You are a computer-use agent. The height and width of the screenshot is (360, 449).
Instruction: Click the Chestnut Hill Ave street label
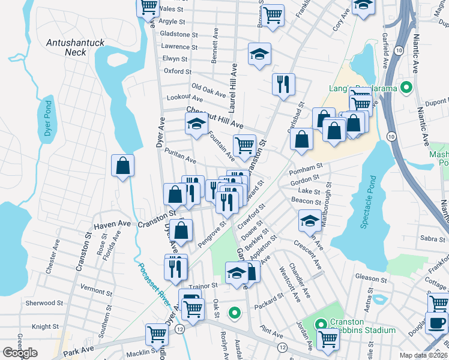[214, 117]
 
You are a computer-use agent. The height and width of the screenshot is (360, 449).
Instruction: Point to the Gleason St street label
[370, 278]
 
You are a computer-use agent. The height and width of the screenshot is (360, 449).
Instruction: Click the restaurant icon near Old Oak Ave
[282, 84]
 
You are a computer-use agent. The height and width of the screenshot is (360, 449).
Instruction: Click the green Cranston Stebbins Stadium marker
[322, 325]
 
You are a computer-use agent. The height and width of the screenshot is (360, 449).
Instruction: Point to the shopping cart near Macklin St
[157, 334]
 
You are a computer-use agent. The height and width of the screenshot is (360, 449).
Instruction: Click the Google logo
[20, 353]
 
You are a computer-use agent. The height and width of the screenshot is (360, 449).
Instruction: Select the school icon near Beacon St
[310, 221]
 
